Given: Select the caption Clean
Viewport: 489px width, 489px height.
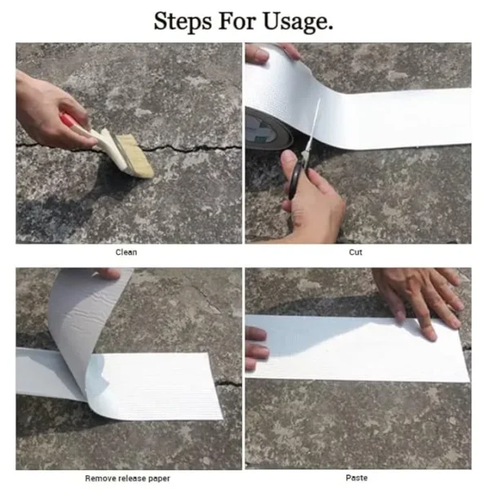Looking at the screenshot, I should pyautogui.click(x=126, y=252).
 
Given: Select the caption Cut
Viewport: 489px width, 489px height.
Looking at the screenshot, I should pyautogui.click(x=356, y=252).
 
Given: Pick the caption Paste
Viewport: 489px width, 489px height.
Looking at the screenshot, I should pyautogui.click(x=356, y=478).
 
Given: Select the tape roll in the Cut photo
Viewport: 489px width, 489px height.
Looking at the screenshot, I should pyautogui.click(x=269, y=122).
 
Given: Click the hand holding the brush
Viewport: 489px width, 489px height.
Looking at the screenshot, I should pyautogui.click(x=49, y=110).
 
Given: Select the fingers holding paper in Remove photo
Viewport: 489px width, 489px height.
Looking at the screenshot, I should pyautogui.click(x=108, y=275).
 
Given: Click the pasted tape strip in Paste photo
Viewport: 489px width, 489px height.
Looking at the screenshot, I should pyautogui.click(x=359, y=349).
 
